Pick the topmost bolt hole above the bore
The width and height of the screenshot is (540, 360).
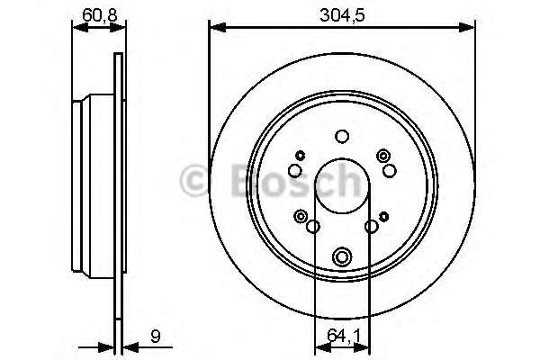pyautogui.click(x=341, y=137)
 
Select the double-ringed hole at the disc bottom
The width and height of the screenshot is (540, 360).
pyautogui.click(x=341, y=256)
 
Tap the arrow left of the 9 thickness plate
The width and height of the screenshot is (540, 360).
pyautogui.click(x=108, y=344)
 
